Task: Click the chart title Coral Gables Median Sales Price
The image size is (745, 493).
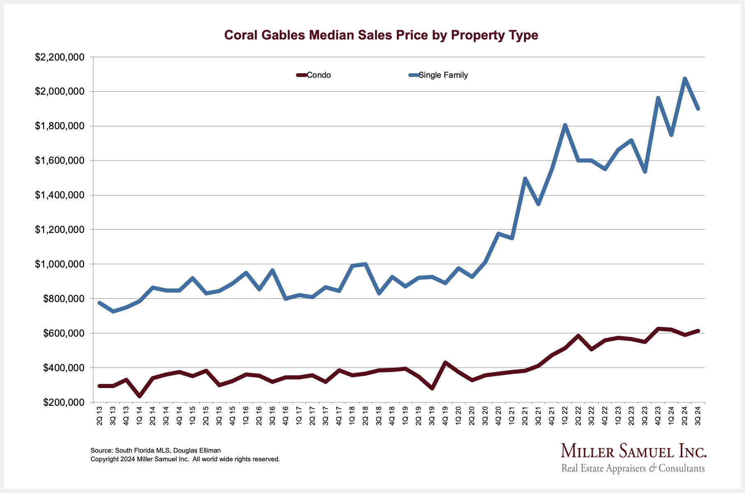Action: [x=381, y=35]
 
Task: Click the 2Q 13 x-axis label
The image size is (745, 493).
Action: [x=100, y=415]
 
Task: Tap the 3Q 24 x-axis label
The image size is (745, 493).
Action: [x=698, y=415]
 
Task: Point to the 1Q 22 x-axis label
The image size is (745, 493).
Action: [x=565, y=415]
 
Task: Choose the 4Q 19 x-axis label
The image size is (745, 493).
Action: [x=445, y=415]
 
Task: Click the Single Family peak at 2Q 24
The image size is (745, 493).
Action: [x=685, y=79]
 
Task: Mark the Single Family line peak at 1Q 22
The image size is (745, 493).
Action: [x=565, y=125]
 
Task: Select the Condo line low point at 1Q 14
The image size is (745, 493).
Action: [x=140, y=396]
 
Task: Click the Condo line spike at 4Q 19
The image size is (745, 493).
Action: [x=445, y=363]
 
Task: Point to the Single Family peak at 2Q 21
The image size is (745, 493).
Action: [x=525, y=179]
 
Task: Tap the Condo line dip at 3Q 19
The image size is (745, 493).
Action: [x=432, y=388]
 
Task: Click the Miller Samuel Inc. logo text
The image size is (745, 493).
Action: [x=633, y=451]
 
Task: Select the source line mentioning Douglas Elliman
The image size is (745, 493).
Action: [x=156, y=451]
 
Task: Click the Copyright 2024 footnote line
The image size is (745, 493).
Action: [x=185, y=459]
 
